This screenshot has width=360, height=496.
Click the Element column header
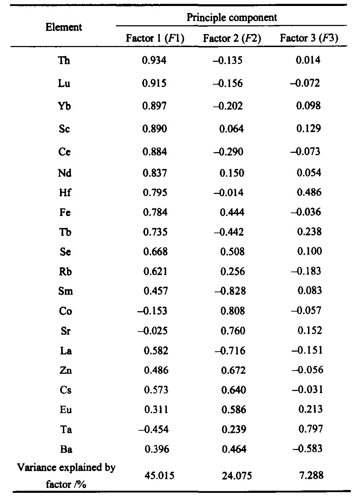point(64,27)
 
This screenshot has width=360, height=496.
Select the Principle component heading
point(231,17)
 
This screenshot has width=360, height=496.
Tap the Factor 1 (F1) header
point(155,38)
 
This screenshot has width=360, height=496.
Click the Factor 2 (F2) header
point(232,38)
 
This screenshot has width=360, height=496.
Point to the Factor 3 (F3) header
point(309,38)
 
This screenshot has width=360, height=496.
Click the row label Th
point(64,60)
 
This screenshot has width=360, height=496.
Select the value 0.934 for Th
point(154,60)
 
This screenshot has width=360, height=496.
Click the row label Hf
point(65,192)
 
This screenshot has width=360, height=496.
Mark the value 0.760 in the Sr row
point(233,331)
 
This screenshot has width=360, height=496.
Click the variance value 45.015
point(159,476)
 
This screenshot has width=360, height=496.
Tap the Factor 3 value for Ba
point(307,449)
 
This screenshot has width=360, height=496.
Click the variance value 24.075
point(237,476)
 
